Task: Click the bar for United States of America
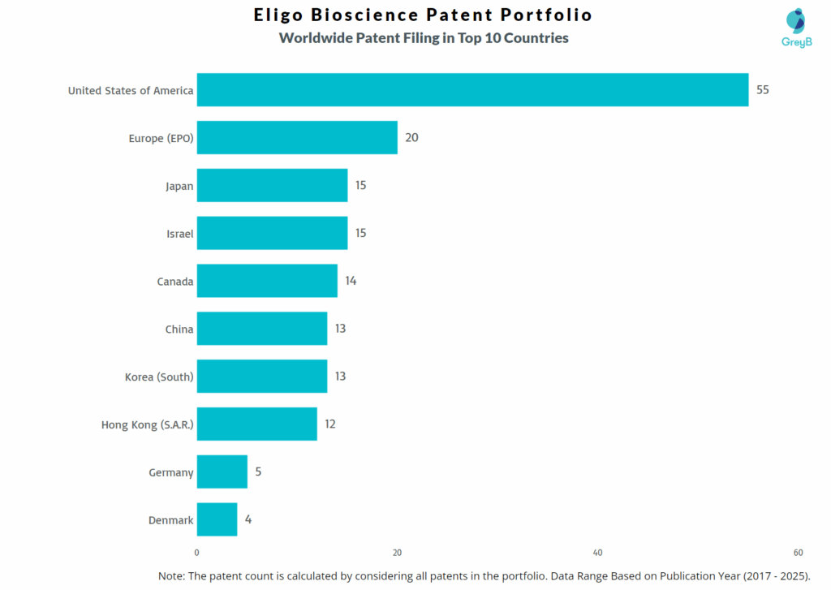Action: click(x=472, y=90)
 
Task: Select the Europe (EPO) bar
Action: click(x=297, y=138)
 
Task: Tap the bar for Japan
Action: click(x=272, y=186)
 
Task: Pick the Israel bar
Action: click(x=272, y=234)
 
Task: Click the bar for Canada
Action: click(x=267, y=282)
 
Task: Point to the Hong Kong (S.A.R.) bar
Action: click(x=256, y=424)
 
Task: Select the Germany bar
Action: click(x=222, y=472)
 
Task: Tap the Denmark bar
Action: click(x=217, y=520)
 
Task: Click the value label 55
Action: click(x=763, y=90)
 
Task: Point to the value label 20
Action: click(x=411, y=138)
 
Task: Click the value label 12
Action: click(x=329, y=424)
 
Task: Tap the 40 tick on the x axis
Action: click(x=597, y=553)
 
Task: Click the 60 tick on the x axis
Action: click(x=798, y=553)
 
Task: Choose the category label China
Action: click(x=179, y=329)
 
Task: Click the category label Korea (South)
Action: click(x=159, y=377)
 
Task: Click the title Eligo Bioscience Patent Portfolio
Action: click(x=423, y=15)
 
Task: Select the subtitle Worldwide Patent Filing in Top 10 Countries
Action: click(x=424, y=38)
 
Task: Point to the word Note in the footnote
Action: click(x=172, y=575)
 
